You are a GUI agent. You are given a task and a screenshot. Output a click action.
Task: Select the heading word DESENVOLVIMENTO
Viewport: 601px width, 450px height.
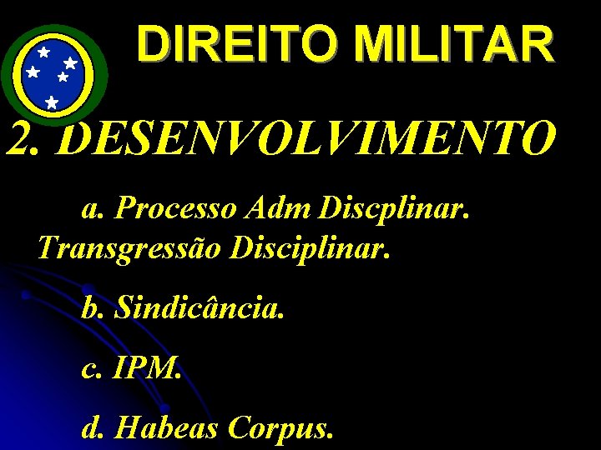(308, 138)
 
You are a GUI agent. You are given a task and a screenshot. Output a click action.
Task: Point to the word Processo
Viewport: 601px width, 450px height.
(176, 208)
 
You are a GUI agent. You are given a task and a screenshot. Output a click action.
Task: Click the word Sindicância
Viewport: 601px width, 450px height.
(200, 308)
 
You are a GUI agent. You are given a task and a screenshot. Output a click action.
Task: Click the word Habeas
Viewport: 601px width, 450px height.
(166, 428)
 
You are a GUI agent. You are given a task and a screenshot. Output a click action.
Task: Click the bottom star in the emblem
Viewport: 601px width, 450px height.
(52, 102)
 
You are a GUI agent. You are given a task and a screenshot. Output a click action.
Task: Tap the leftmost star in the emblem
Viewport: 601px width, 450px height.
(33, 72)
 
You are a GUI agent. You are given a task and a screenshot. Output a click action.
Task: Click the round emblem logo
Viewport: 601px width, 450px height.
(53, 75)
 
